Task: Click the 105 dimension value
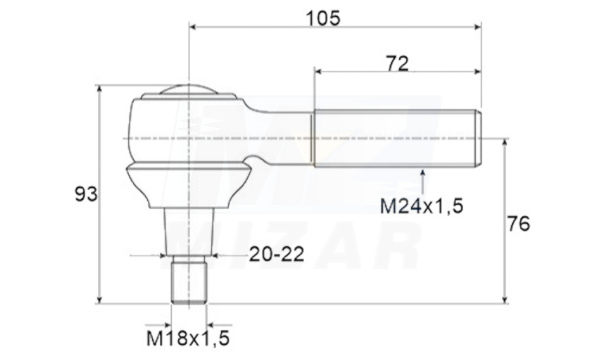tap(323, 18)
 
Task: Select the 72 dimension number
tap(398, 64)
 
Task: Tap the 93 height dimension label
tap(86, 194)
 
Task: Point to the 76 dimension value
tap(518, 224)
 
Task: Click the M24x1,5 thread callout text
tap(422, 206)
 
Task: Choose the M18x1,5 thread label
tap(188, 338)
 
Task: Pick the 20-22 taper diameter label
tap(277, 254)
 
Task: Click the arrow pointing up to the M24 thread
tap(422, 182)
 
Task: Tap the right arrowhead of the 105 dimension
tap(477, 27)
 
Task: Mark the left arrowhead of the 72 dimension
tap(318, 72)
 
